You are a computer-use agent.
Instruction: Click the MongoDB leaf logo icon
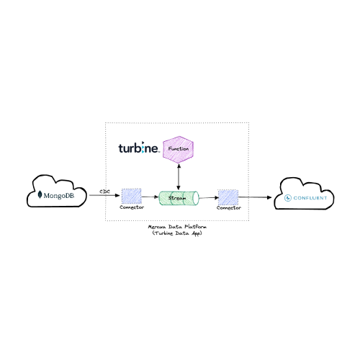(40, 194)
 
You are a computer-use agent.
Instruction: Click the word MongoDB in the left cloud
(59, 196)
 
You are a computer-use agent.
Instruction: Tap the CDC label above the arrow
(104, 192)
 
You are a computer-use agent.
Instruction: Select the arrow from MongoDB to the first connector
(104, 195)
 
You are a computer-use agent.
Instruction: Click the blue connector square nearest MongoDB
(131, 196)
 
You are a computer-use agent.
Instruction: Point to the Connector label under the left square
(132, 207)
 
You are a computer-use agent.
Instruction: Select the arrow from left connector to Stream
(150, 197)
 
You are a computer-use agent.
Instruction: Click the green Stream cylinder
(179, 198)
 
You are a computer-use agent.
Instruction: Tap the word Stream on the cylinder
(177, 198)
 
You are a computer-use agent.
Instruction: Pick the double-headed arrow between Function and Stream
(179, 177)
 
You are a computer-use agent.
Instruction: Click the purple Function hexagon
(178, 150)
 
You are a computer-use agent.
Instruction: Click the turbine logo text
(138, 148)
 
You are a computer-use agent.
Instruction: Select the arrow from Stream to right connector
(209, 198)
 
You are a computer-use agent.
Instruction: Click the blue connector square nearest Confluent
(228, 197)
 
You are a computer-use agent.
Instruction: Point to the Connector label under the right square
(229, 208)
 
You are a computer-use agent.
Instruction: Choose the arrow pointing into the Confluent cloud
(255, 197)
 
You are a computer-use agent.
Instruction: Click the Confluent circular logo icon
(287, 198)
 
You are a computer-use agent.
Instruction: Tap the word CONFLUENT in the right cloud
(310, 198)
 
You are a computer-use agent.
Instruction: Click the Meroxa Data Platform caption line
(177, 227)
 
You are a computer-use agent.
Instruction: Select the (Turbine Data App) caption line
(177, 233)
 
